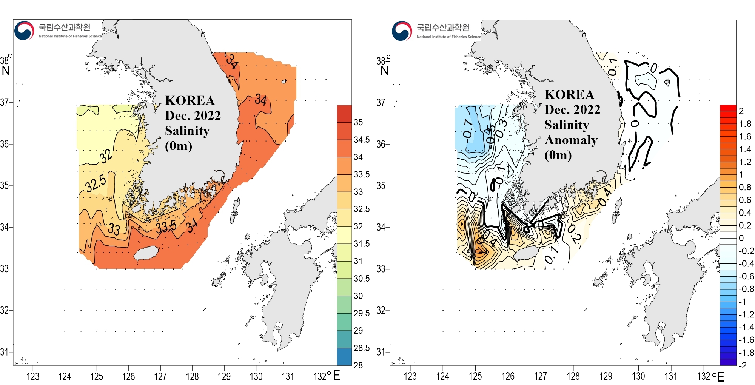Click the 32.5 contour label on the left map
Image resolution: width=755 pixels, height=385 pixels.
(x=96, y=183)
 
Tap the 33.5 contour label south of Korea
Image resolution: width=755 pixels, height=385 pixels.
(x=166, y=227)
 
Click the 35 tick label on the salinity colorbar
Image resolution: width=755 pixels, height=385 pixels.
(x=358, y=122)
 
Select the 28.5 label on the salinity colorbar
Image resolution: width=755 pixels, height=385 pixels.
(x=361, y=348)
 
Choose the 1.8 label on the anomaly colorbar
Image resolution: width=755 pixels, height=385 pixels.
(x=745, y=124)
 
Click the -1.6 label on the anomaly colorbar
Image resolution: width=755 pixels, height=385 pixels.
(x=746, y=340)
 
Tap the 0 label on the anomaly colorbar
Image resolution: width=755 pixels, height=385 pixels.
(x=741, y=238)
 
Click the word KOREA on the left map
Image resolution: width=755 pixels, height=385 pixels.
(x=190, y=100)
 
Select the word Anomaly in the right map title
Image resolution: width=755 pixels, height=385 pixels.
(x=571, y=140)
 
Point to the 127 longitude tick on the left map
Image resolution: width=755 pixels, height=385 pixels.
(x=160, y=376)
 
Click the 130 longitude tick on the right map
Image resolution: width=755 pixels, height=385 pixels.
(x=638, y=376)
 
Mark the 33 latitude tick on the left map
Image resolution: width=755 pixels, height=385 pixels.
(x=5, y=269)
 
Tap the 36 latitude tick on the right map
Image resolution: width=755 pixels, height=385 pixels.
(x=381, y=144)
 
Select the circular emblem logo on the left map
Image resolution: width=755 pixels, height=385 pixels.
(x=24, y=31)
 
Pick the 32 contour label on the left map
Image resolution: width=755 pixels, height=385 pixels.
(x=106, y=156)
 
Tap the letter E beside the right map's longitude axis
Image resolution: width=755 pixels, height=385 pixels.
(x=721, y=377)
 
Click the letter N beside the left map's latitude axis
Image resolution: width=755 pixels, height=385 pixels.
(x=6, y=71)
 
